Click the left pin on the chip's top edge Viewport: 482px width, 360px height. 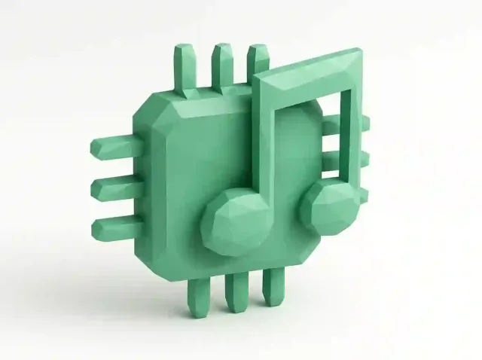[x=184, y=68]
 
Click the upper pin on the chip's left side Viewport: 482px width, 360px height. [x=113, y=147]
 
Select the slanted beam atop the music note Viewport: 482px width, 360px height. [x=309, y=72]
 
